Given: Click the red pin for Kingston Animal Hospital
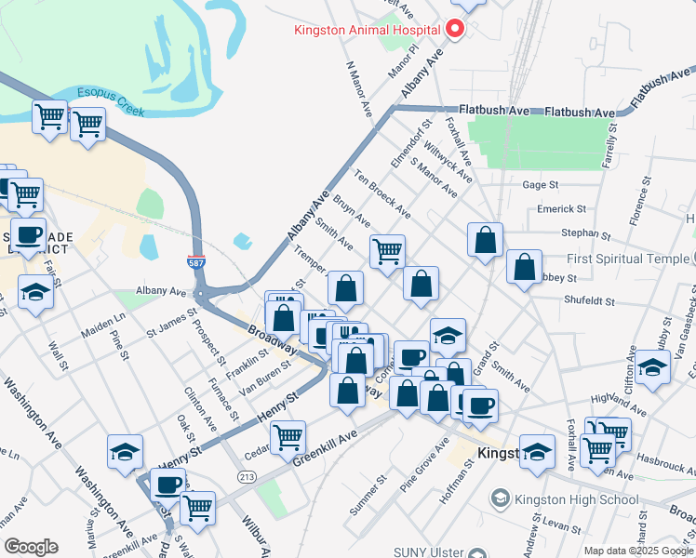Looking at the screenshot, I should pyautogui.click(x=455, y=29).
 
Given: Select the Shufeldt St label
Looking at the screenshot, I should pyautogui.click(x=586, y=299).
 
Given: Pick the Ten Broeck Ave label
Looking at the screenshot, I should pyautogui.click(x=381, y=193).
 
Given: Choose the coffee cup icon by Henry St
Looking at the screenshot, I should pyautogui.click(x=168, y=484).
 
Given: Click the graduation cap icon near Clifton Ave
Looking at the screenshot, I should pyautogui.click(x=652, y=365).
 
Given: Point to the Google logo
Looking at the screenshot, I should pyautogui.click(x=31, y=546).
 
